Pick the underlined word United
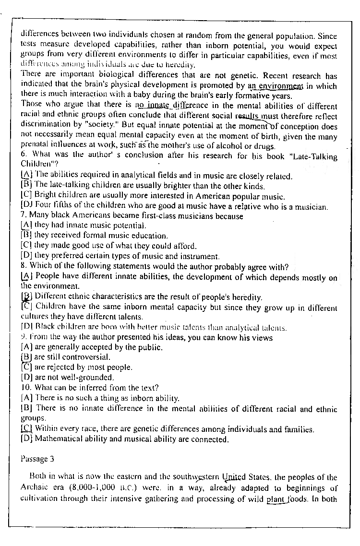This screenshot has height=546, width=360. [x=234, y=477]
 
